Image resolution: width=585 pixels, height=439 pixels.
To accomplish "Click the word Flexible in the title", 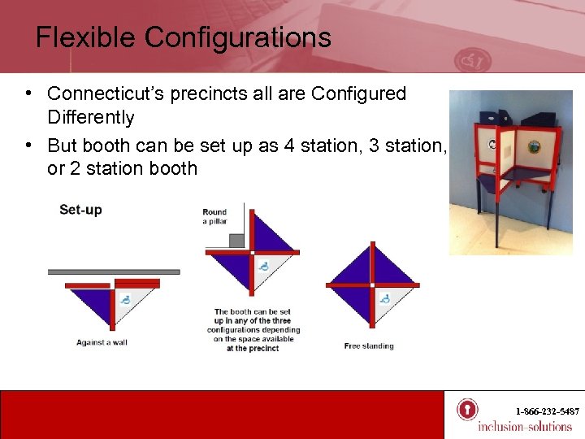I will pyautogui.click(x=85, y=37).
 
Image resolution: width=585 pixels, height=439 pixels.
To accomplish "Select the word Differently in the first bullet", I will pyautogui.click(x=90, y=118).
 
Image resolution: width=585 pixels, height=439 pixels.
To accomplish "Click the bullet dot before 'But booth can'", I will pyautogui.click(x=28, y=145).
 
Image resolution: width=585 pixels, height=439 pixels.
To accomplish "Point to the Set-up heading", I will pyautogui.click(x=80, y=210).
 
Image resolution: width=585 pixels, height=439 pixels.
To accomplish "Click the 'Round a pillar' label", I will pyautogui.click(x=214, y=217).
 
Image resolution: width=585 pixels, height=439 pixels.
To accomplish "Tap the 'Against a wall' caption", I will pyautogui.click(x=102, y=342).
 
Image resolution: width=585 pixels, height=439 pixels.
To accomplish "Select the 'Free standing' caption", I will pyautogui.click(x=369, y=346).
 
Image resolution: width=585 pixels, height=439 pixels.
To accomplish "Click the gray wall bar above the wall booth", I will pyautogui.click(x=114, y=272).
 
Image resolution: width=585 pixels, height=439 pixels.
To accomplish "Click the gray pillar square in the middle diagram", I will pyautogui.click(x=236, y=241).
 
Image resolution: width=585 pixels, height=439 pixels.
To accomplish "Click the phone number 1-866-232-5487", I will pyautogui.click(x=547, y=412).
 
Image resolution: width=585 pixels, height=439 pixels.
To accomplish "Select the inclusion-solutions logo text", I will pyautogui.click(x=524, y=427).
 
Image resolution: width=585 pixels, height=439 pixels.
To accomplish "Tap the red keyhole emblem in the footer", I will pyautogui.click(x=466, y=409).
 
